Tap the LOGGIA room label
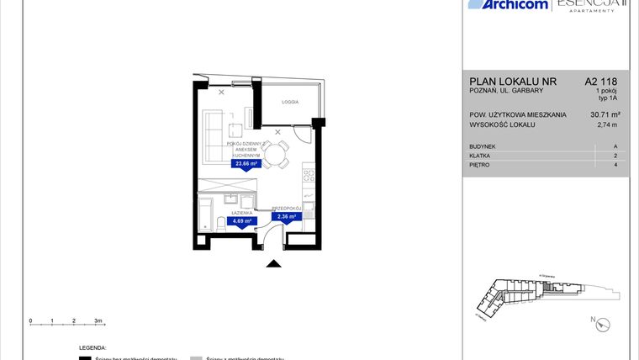pos(290,101)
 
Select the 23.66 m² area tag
pos(245,165)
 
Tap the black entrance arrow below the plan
pos(272,265)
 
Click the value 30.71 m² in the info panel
pos(604,114)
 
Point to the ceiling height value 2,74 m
pos(606,125)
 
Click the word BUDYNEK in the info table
pos(483,146)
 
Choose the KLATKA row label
pos(479,156)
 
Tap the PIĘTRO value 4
pos(616,165)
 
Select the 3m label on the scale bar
pos(98,320)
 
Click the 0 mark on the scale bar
pos(30,320)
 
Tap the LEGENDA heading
pos(92,347)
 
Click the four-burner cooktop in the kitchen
pos(309,177)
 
